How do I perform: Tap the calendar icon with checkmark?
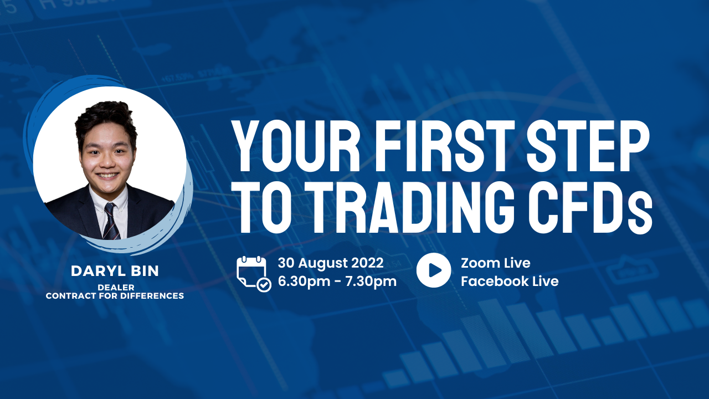point(254,274)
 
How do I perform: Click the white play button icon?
point(434,270)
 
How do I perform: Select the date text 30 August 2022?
point(331,263)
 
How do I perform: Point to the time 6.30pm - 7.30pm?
point(337,281)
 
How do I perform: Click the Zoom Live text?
point(495,263)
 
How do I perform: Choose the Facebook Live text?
point(510,281)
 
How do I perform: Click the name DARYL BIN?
point(115,271)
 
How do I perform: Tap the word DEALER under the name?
point(116,287)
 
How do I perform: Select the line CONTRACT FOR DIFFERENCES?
point(115,295)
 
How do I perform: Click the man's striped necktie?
point(111,221)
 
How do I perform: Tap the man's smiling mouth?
point(107,175)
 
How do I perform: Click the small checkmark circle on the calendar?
point(264,284)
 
